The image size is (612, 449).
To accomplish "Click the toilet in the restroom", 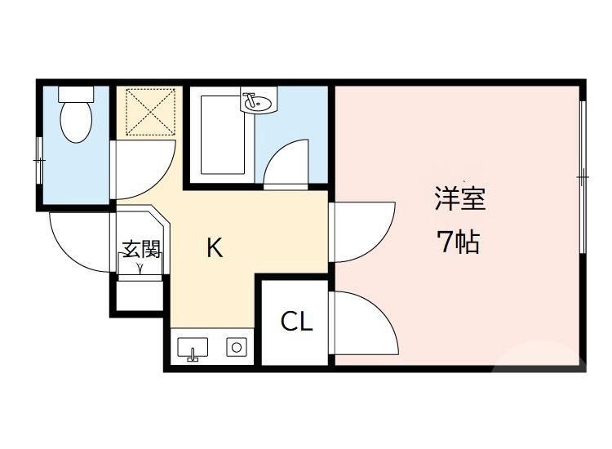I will click(76, 121).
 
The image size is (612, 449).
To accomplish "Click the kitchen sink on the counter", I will click(193, 348).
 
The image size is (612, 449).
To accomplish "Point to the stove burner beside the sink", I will click(237, 348).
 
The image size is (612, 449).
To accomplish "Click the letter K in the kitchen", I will click(214, 247).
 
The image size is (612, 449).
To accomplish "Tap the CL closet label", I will click(296, 322).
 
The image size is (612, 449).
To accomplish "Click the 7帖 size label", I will click(458, 242).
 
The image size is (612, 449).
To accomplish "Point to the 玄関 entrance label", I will click(140, 247).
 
